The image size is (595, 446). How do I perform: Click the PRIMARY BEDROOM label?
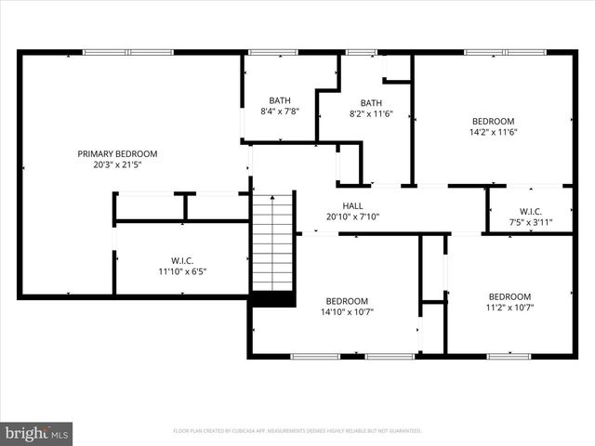117,153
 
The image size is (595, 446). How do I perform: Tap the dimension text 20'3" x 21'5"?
117,164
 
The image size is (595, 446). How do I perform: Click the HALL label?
352,205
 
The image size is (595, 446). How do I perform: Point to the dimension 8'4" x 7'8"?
279,111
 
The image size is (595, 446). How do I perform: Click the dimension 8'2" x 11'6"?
371,114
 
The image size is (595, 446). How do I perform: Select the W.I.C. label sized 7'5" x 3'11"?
531,211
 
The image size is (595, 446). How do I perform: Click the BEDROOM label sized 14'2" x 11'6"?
493,121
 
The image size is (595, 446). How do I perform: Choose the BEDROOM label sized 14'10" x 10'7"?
347,300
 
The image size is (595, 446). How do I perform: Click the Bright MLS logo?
37,432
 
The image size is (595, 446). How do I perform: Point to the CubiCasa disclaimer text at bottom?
297,431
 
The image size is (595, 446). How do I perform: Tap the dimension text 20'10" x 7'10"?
352,216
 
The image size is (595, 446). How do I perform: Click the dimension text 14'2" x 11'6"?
493,132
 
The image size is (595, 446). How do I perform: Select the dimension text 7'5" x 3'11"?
531,222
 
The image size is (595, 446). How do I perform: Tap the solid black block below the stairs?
273,298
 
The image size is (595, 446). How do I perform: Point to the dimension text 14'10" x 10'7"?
347,311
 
